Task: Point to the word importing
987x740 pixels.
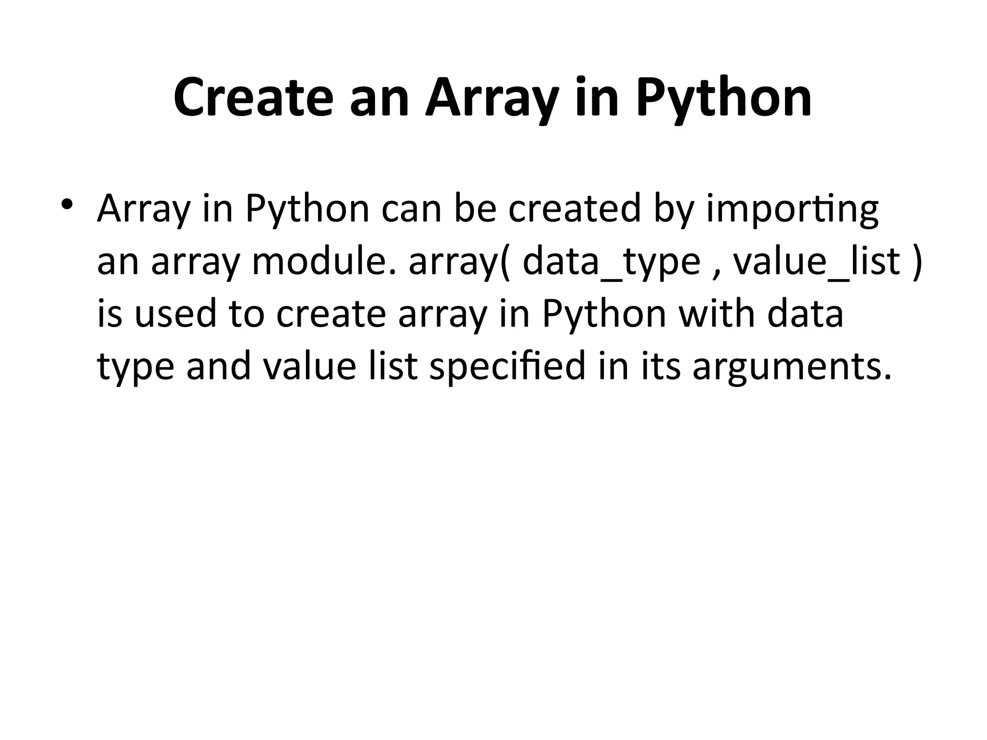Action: (792, 210)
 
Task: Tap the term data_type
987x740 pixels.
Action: (611, 263)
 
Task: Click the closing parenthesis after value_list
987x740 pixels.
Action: (917, 263)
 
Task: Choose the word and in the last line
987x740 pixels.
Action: (219, 367)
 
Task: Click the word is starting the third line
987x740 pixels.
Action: (109, 314)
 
